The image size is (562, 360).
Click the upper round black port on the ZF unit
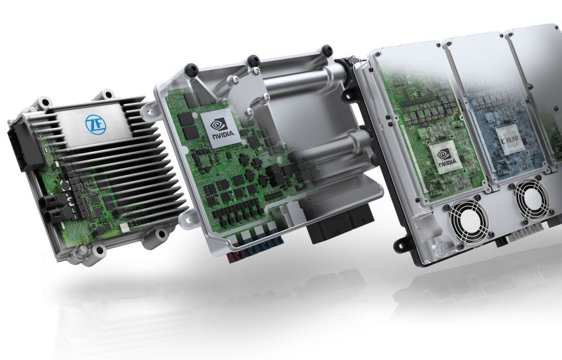point(48,199)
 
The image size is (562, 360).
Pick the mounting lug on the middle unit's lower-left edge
point(188,216)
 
